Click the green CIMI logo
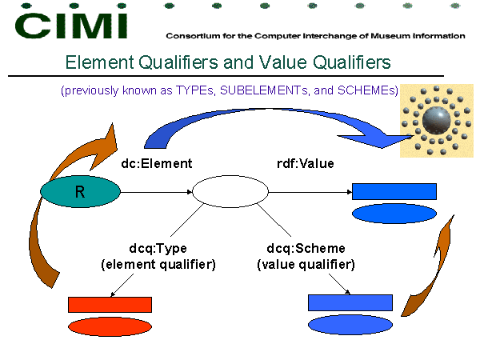pos(71,26)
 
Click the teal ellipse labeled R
pos(80,192)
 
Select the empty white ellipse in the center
pos(230,192)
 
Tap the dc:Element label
pos(157,163)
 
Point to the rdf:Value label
pos(306,163)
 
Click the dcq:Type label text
pos(158,248)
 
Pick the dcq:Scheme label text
pos(306,248)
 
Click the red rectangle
pos(110,305)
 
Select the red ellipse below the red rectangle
pos(110,326)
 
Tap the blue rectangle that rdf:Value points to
pos(394,192)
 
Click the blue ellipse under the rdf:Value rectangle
pos(394,214)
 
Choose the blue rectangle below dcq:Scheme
pos(350,302)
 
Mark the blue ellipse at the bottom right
pos(350,325)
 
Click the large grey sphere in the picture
pos(436,120)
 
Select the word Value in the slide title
pos(282,62)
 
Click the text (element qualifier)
pos(158,265)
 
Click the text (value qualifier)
pos(306,265)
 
